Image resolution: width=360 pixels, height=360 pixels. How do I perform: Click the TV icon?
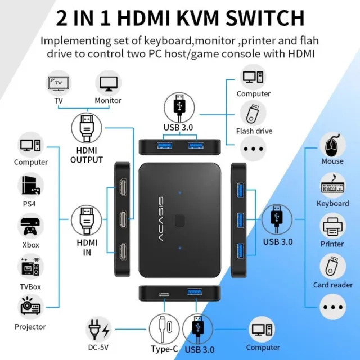pos(58,83)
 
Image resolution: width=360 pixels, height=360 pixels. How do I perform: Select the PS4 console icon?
pos(30,185)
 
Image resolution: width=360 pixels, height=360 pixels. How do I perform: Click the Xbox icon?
pos(30,226)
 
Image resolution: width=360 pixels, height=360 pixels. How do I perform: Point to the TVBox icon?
pos(30,267)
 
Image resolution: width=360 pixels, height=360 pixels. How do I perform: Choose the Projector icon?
pos(30,306)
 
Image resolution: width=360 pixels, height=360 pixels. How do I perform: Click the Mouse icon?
pos(332,145)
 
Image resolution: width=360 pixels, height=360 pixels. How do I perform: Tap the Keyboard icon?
pos(332,185)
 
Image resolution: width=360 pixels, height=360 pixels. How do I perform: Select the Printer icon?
pos(332,227)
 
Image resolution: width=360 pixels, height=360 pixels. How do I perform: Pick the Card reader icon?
pos(332,266)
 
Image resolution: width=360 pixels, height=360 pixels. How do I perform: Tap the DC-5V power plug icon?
pos(98,330)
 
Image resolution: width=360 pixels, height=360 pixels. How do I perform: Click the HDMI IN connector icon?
pos(87,220)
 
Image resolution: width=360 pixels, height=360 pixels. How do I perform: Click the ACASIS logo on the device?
pos(161,219)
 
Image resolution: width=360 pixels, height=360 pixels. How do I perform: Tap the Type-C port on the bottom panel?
pos(164,295)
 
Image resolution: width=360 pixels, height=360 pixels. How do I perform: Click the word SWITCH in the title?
pos(265,18)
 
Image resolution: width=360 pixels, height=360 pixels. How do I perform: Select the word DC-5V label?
pos(98,348)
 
